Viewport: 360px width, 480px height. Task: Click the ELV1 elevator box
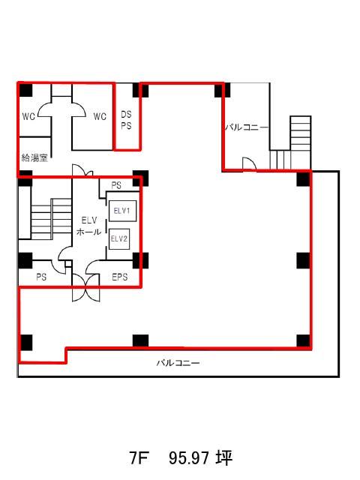[122, 211]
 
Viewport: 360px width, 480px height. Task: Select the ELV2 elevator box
[119, 238]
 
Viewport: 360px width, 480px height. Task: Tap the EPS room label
[120, 277]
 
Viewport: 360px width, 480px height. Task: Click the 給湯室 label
[34, 157]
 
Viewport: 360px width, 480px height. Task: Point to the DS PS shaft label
[126, 120]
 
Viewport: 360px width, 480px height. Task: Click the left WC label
[28, 117]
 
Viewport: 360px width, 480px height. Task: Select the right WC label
[100, 117]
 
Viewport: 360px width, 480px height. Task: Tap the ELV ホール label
[89, 226]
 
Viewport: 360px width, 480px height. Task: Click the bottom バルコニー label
[178, 363]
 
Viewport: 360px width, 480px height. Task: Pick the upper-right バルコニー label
[247, 127]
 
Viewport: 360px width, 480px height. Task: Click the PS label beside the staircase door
[41, 277]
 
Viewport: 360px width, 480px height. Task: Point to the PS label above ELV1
[116, 185]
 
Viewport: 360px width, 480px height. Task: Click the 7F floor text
[139, 458]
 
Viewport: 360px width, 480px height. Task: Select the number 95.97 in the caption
[189, 458]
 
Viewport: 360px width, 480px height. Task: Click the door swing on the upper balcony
[249, 163]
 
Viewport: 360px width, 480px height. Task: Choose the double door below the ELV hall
[86, 287]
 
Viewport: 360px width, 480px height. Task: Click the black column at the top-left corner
[25, 90]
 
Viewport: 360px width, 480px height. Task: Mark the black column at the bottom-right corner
[304, 341]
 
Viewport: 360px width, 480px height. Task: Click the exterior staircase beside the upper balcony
[291, 142]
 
